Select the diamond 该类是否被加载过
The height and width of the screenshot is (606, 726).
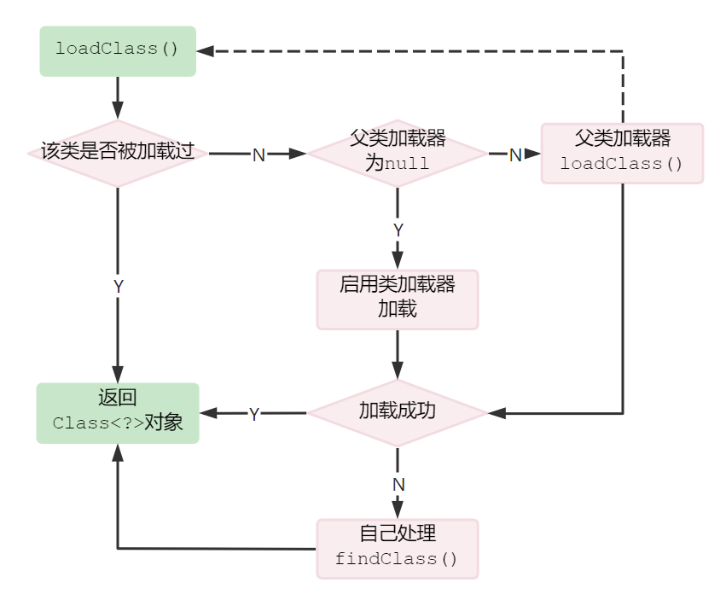(118, 153)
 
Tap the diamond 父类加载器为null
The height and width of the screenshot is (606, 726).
(397, 153)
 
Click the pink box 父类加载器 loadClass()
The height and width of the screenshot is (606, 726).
(622, 153)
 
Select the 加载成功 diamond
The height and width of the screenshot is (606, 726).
(397, 412)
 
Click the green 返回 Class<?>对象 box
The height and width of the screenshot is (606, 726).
(118, 413)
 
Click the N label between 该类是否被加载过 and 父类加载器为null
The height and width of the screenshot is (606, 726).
(258, 154)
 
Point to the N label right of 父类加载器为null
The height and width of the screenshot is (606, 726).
(515, 154)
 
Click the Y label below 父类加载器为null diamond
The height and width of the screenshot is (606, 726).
(398, 230)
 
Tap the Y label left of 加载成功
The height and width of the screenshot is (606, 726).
(253, 414)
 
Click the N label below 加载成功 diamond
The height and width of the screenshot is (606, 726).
(398, 484)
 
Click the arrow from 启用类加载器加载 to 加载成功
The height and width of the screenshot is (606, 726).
(397, 354)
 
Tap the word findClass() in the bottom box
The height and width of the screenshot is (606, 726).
(397, 560)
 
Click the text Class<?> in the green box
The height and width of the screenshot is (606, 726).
(96, 423)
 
